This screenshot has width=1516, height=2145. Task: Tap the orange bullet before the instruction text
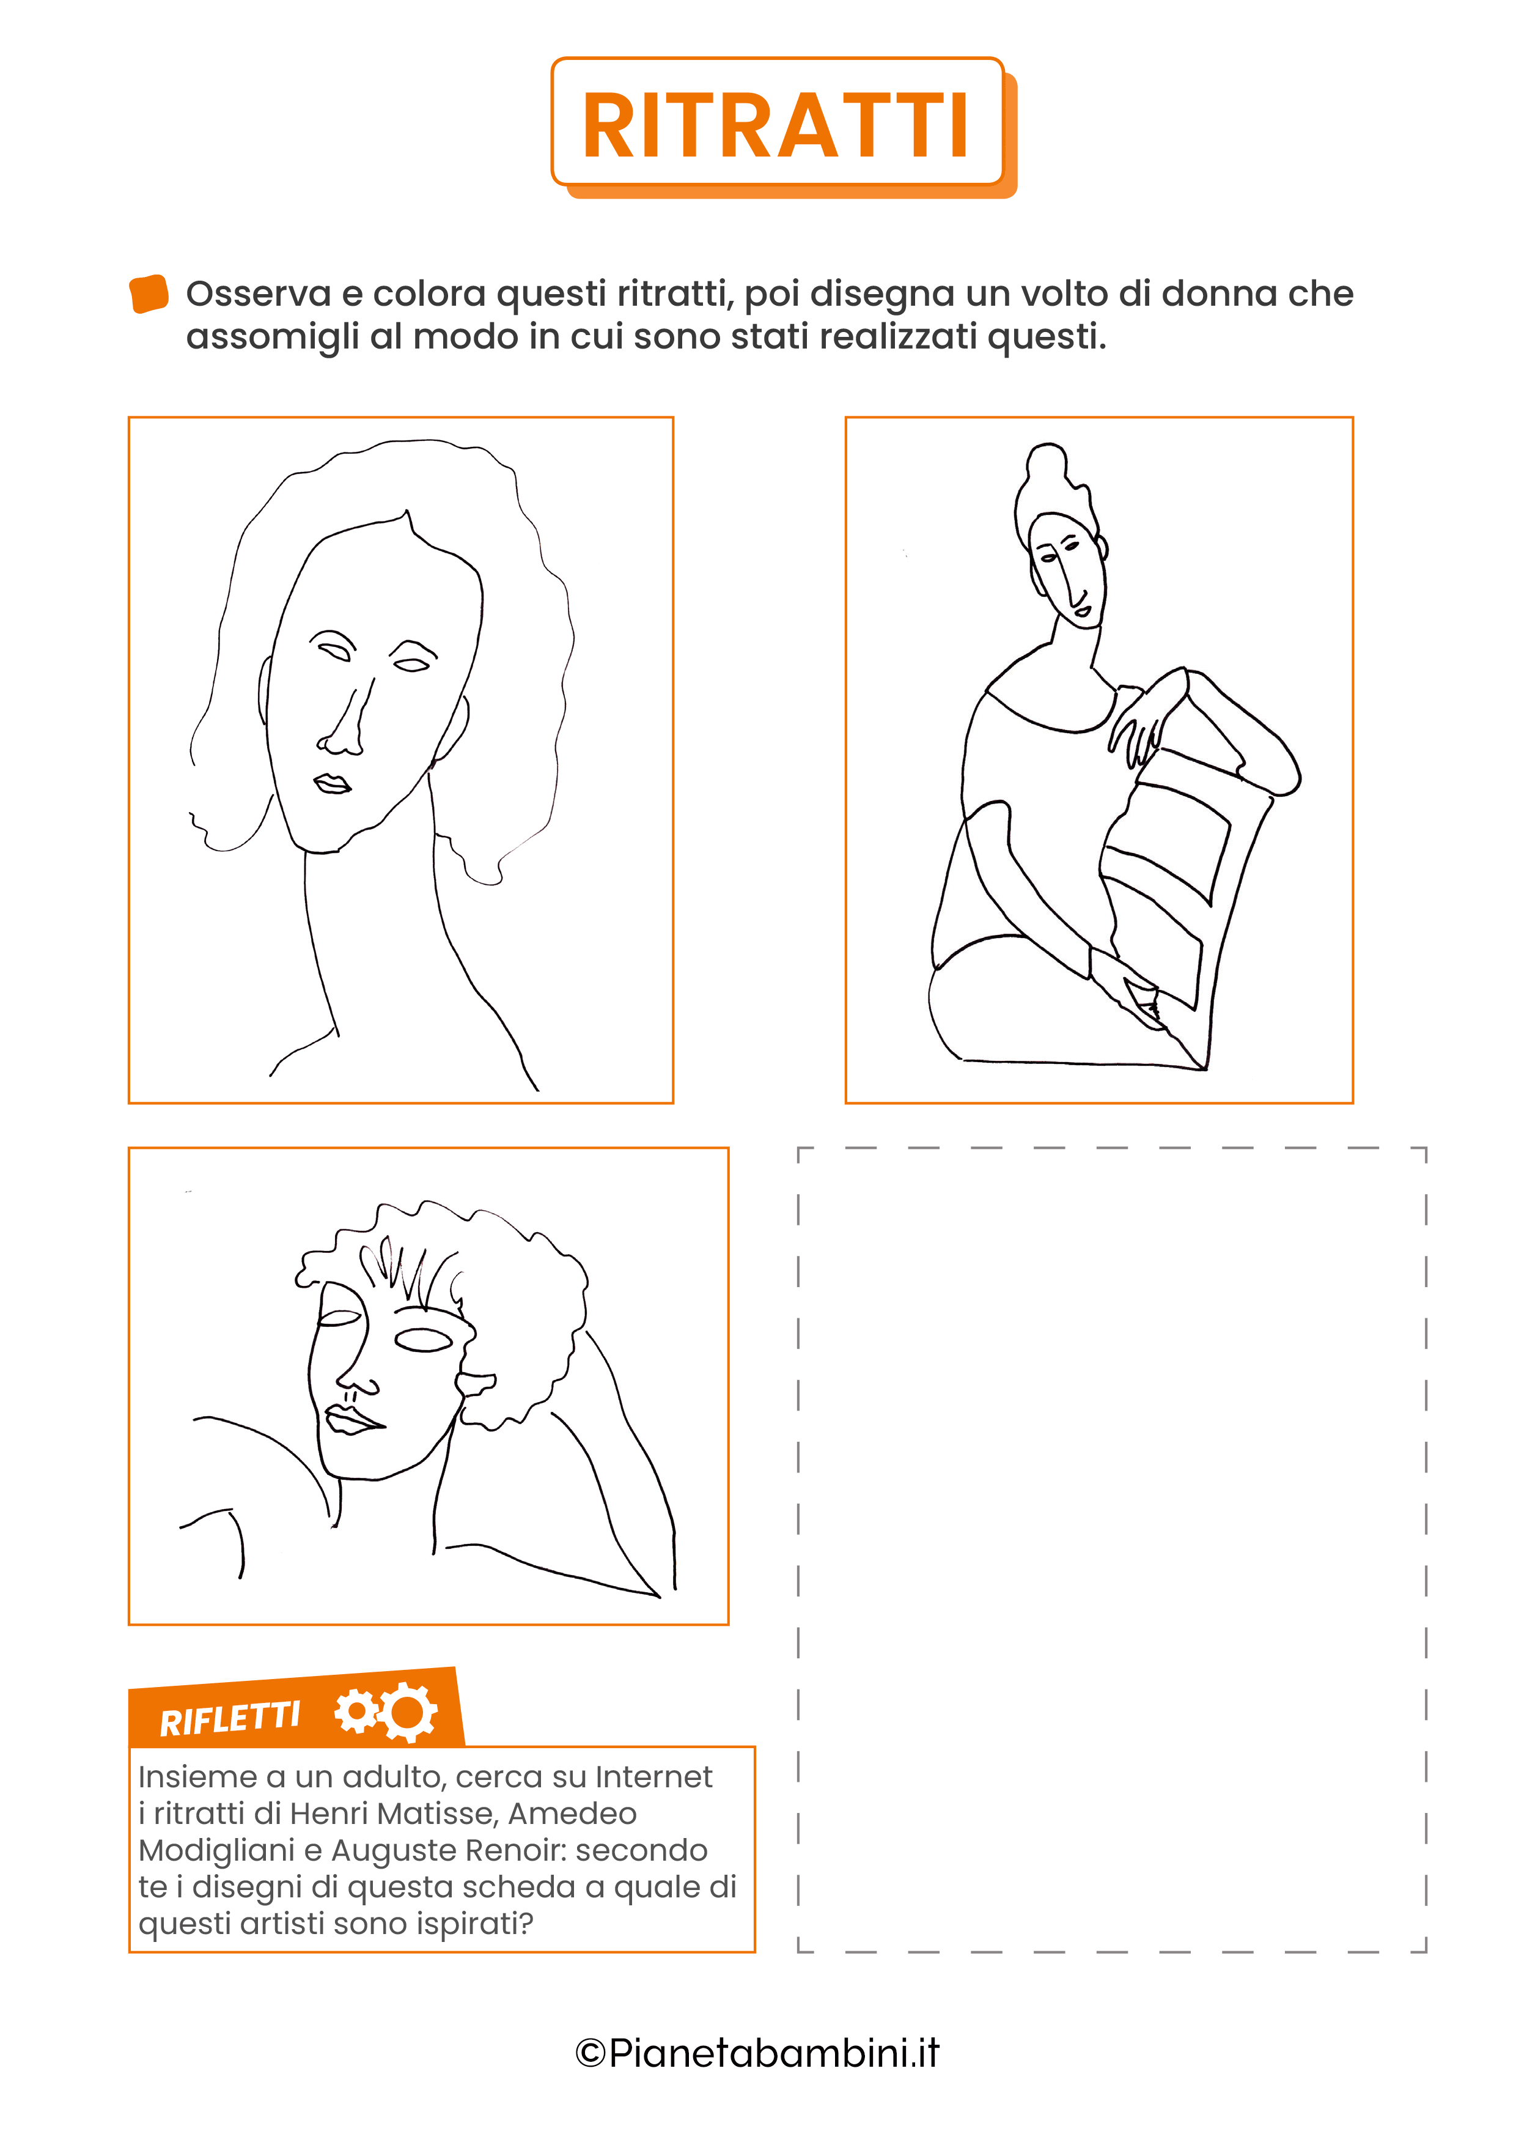(149, 294)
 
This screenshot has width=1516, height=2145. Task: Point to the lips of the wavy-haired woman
(331, 783)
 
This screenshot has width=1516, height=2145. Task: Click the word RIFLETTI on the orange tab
(230, 1719)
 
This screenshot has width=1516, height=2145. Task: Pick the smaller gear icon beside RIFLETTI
(356, 1711)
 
